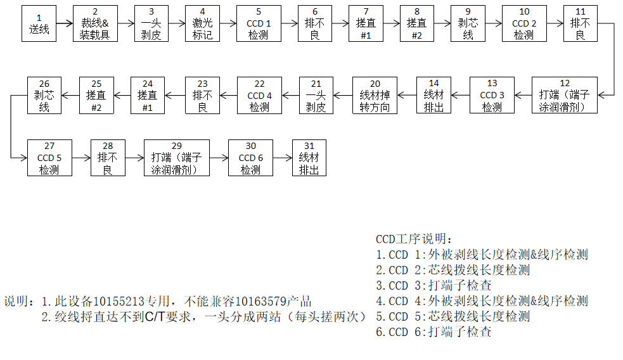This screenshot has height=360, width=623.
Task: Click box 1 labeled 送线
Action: pyautogui.click(x=39, y=23)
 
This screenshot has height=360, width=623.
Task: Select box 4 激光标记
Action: pyautogui.click(x=202, y=23)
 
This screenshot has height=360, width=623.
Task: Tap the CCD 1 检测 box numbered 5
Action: pyautogui.click(x=258, y=23)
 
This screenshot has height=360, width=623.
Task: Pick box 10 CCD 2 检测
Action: pyautogui.click(x=523, y=23)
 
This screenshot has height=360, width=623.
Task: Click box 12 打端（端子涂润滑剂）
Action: pyautogui.click(x=564, y=95)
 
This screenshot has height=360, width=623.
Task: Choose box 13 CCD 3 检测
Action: pyautogui.click(x=492, y=95)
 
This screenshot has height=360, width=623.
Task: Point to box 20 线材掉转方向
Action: pyautogui.click(x=375, y=95)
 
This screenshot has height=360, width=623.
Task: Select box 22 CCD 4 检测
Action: pyautogui.click(x=259, y=95)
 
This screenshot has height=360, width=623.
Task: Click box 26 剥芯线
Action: pyautogui.click(x=44, y=95)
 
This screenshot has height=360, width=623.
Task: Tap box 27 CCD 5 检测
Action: pyautogui.click(x=49, y=158)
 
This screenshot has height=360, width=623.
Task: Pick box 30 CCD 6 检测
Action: pyautogui.click(x=250, y=158)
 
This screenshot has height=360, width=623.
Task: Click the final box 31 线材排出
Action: pyautogui.click(x=309, y=158)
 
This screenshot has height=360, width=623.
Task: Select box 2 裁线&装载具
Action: pyautogui.click(x=95, y=23)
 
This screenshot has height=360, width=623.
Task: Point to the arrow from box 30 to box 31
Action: pyautogui.click(x=282, y=158)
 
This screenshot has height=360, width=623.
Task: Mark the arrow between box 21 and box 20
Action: pyautogui.click(x=343, y=95)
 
